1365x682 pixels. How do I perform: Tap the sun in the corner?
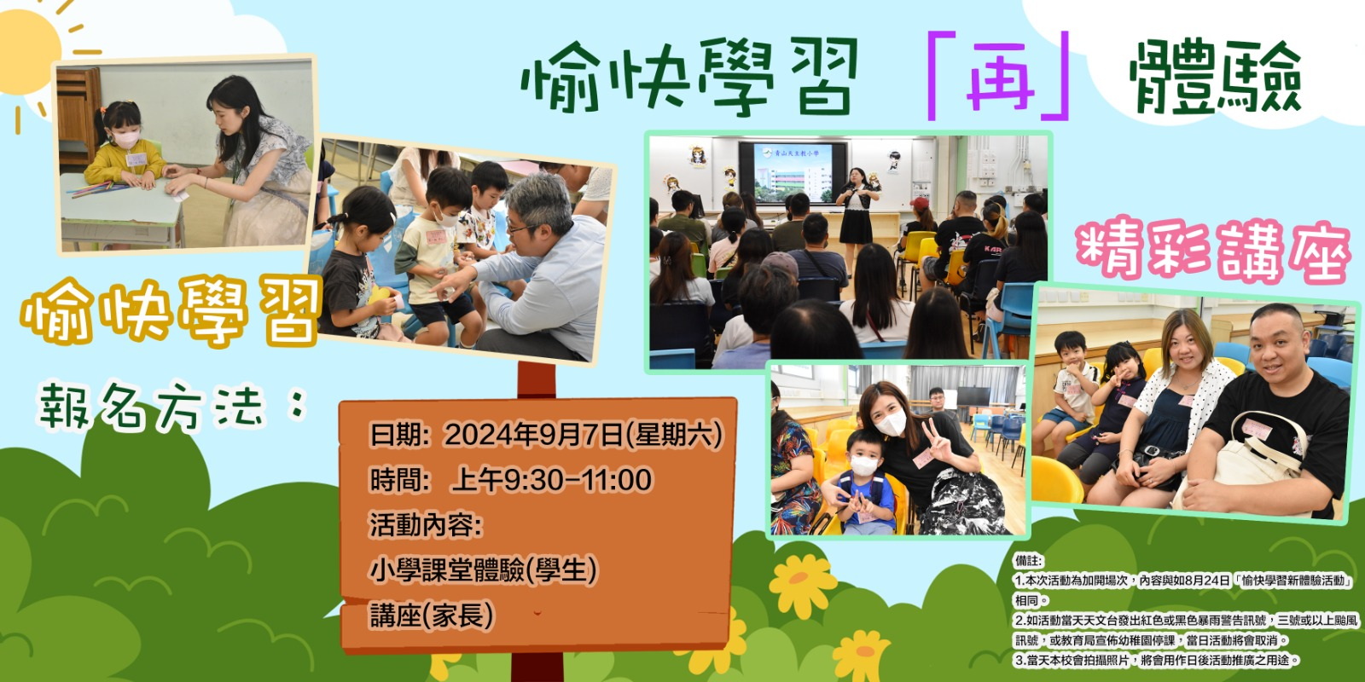pos(27,52)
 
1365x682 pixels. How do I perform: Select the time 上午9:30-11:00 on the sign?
pos(551,480)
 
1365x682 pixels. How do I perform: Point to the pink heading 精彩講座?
pos(1213,252)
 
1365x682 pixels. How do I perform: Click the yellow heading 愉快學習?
pos(171,310)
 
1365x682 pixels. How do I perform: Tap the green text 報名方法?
pos(153,405)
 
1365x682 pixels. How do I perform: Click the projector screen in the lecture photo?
pos(793,172)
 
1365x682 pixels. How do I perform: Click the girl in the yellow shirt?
pos(124,146)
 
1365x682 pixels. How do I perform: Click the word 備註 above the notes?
pos(1029,560)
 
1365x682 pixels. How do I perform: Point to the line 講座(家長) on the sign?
pos(432,615)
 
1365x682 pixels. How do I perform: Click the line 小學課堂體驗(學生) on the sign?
pos(483,570)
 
